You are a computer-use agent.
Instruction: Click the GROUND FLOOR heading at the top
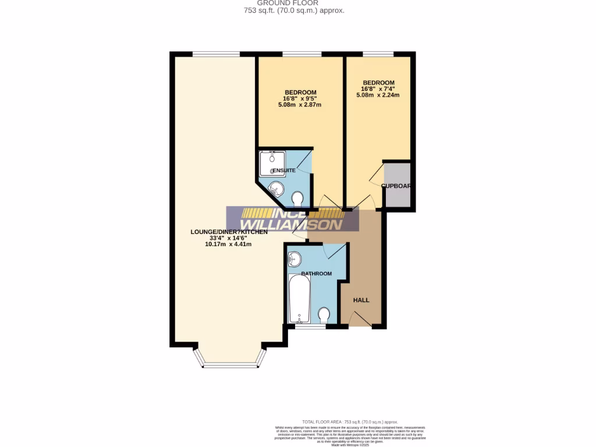tap(296, 3)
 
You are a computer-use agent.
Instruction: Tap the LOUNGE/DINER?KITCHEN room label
tap(229, 232)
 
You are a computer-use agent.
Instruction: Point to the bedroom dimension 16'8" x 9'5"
tap(300, 99)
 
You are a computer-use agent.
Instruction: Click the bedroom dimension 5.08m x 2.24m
tap(378, 95)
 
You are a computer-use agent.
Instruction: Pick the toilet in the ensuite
tap(298, 200)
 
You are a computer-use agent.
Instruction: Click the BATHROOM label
tap(316, 274)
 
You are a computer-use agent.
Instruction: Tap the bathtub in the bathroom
tap(300, 298)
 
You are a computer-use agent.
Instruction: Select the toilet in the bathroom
tap(324, 315)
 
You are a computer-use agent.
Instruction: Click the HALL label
tap(361, 300)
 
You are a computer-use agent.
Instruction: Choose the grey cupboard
tap(397, 186)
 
